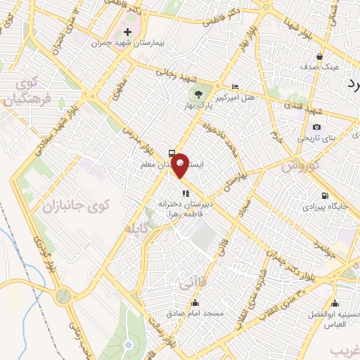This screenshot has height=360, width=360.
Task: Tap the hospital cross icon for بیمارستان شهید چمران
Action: click(127, 32)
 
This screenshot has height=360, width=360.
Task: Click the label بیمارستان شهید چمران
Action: click(128, 43)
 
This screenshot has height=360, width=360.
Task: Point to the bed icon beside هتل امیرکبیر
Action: click(234, 85)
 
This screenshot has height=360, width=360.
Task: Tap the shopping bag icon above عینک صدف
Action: click(320, 56)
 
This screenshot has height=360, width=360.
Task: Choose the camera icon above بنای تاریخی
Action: click(317, 127)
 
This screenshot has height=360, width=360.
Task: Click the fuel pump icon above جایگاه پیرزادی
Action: click(323, 196)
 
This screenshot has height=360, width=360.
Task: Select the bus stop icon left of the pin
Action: click(172, 153)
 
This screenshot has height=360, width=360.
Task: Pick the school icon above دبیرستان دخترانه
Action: click(185, 192)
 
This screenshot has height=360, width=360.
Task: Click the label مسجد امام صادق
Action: click(195, 312)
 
